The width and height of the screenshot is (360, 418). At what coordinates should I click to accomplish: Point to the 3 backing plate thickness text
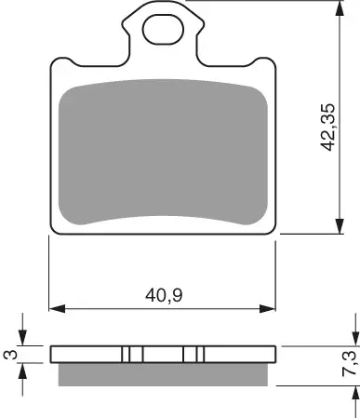coord(10,355)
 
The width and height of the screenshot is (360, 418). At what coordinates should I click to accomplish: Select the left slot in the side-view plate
coord(132,355)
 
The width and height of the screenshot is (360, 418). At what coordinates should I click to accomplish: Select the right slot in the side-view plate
coord(193,355)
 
